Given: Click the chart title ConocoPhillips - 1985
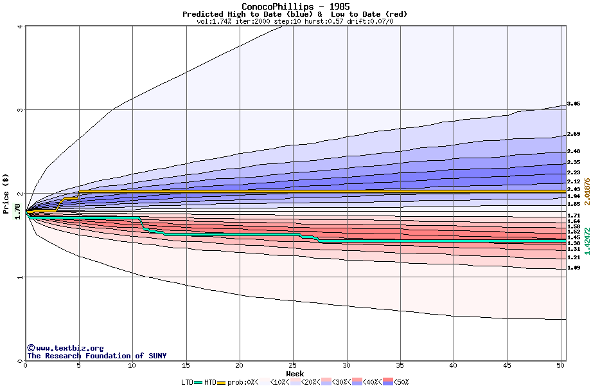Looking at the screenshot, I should coord(295,6).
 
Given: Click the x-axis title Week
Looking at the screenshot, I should coord(295,373).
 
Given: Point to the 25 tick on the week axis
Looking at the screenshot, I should coord(293,365).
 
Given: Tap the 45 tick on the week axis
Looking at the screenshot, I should coord(507,365).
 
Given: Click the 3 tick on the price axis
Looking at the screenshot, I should coord(21,110).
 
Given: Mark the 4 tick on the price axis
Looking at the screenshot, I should coord(21,26).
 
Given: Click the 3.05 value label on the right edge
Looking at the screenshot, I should coord(574,104).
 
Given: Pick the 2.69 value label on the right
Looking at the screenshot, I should coord(574,134).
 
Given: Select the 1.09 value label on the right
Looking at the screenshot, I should coord(574,268).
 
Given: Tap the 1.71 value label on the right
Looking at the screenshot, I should coord(574,216).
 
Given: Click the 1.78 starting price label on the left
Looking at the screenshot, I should coord(17,210).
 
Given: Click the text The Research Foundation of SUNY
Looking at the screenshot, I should coord(96,356).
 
